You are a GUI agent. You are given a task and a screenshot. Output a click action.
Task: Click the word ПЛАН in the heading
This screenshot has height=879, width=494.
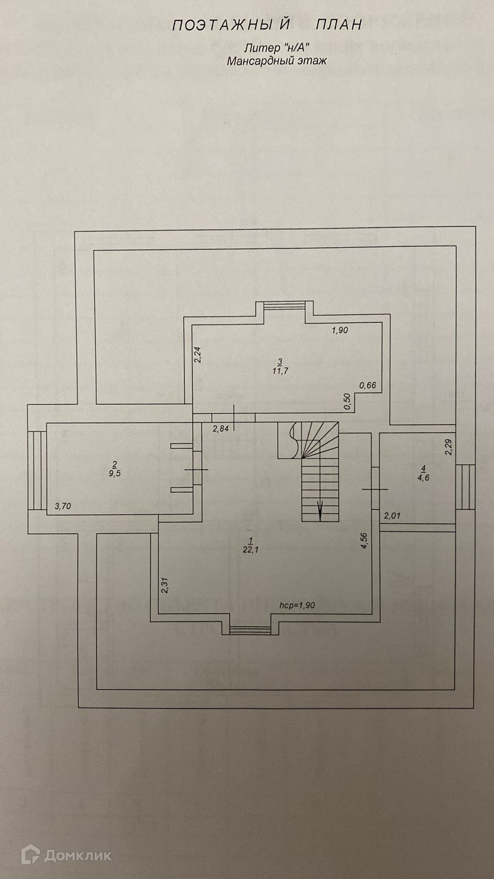(339, 25)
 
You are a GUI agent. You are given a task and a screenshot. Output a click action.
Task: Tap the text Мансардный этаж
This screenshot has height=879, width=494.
(277, 61)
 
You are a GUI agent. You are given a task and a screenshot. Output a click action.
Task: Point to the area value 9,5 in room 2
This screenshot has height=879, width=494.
(115, 473)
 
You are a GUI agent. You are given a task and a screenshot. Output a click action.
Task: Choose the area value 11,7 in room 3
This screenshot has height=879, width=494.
(280, 371)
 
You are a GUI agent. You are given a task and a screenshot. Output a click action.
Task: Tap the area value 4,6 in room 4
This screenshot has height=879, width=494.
(423, 477)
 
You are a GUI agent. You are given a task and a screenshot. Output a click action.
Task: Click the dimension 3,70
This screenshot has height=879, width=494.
(62, 507)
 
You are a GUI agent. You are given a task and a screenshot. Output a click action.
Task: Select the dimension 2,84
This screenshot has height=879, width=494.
(221, 429)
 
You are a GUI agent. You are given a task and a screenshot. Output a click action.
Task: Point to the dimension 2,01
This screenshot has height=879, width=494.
(393, 515)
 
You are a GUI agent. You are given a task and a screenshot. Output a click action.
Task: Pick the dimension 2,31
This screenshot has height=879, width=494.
(165, 586)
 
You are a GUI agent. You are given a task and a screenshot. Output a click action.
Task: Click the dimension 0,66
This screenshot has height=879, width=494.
(368, 385)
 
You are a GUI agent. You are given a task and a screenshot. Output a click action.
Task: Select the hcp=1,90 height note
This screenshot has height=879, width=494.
(297, 605)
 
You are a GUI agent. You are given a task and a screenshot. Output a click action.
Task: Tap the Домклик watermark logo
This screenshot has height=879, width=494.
(67, 855)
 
